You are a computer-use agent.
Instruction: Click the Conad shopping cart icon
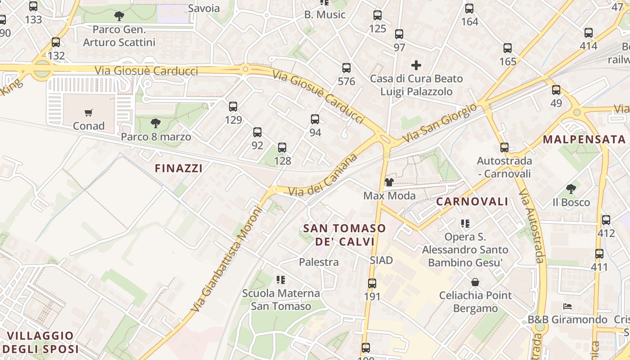coord(88,112)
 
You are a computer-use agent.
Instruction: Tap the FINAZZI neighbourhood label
coord(179,168)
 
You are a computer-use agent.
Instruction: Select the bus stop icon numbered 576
coord(346,68)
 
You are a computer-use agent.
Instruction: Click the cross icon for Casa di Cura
coord(416,65)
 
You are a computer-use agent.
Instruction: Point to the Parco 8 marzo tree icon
coord(156,123)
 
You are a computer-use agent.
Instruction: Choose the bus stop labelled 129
coord(233,107)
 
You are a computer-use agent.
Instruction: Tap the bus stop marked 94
coord(315,119)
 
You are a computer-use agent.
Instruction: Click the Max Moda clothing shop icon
coord(389,182)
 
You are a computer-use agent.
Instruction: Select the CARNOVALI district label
coord(472,202)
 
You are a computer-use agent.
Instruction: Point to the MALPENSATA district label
coord(584,139)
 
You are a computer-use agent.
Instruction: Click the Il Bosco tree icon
coord(571,189)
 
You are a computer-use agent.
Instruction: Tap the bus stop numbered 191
coord(372,283)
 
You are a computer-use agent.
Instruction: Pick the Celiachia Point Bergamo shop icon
coord(475,282)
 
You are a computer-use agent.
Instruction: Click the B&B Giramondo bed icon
coord(567,306)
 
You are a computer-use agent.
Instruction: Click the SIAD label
coord(381,260)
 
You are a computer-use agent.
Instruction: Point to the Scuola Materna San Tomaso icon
coord(281,280)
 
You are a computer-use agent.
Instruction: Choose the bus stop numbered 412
coord(606,220)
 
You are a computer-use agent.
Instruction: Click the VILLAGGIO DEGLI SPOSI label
coord(40,342)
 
